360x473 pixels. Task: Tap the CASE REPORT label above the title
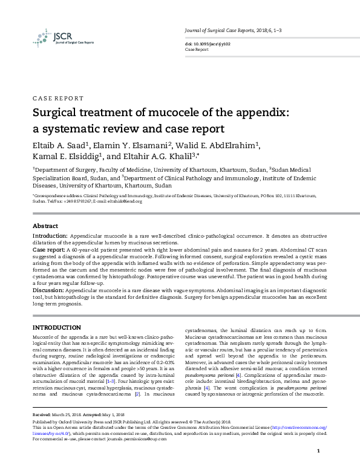[57, 98]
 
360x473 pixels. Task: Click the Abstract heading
[45, 225]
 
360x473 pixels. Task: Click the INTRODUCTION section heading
[56, 327]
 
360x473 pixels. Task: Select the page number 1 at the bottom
[318, 452]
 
